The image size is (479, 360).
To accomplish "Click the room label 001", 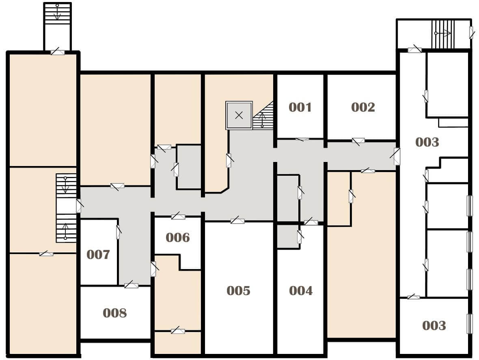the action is [300, 107].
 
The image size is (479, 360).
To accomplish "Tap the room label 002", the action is [363, 107].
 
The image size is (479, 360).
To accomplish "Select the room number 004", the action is [301, 291].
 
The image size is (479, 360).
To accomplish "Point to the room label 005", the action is [238, 291].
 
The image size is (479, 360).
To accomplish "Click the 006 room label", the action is [177, 237].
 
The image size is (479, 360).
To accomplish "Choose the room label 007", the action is [98, 254].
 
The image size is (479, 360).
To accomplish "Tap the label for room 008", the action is [114, 313].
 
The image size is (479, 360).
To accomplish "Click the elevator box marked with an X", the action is [239, 115].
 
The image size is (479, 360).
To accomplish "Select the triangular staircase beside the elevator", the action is [263, 115].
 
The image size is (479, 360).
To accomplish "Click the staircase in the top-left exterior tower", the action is [57, 12].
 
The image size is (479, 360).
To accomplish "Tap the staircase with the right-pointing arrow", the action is [443, 33].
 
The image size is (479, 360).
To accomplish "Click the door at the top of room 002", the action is [358, 141].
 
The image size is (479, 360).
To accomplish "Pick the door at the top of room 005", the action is [237, 220].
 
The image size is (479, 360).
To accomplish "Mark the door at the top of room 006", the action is [178, 217].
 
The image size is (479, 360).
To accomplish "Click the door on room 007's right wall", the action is [118, 232].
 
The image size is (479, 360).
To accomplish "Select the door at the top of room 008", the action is [132, 285].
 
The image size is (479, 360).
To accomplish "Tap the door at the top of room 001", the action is [302, 140].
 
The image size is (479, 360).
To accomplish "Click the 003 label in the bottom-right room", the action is [434, 326].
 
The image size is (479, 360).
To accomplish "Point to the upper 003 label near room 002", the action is [427, 142].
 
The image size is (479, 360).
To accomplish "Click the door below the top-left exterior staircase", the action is [57, 52].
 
